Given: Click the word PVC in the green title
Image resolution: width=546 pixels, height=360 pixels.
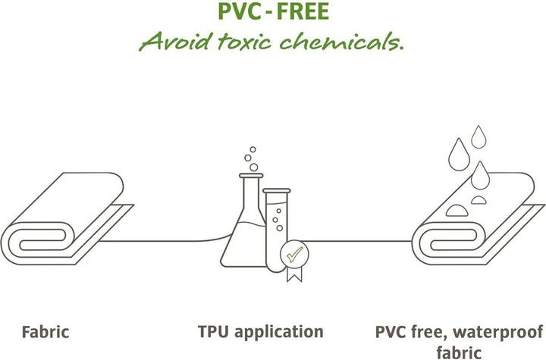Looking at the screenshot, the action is pos(239,11).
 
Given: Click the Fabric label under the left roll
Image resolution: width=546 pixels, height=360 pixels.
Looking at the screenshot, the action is pos(45,332).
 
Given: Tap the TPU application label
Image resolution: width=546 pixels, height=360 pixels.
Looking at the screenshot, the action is pos(260,332).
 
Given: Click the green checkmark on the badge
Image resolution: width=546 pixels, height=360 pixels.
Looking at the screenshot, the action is pos(294,254).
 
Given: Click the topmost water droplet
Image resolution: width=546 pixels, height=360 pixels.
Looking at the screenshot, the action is pos(479,137).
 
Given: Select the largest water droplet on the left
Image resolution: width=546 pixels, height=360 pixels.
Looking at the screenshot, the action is pos(459,155).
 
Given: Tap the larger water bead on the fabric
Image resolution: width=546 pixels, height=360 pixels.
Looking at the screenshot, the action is pos(457,211).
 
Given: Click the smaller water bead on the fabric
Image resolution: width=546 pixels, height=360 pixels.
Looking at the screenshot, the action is pos(479,200).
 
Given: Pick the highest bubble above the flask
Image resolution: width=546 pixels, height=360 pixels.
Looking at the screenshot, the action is pos(253,150).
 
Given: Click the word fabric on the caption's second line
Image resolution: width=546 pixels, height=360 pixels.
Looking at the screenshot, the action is pos(459,352).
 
